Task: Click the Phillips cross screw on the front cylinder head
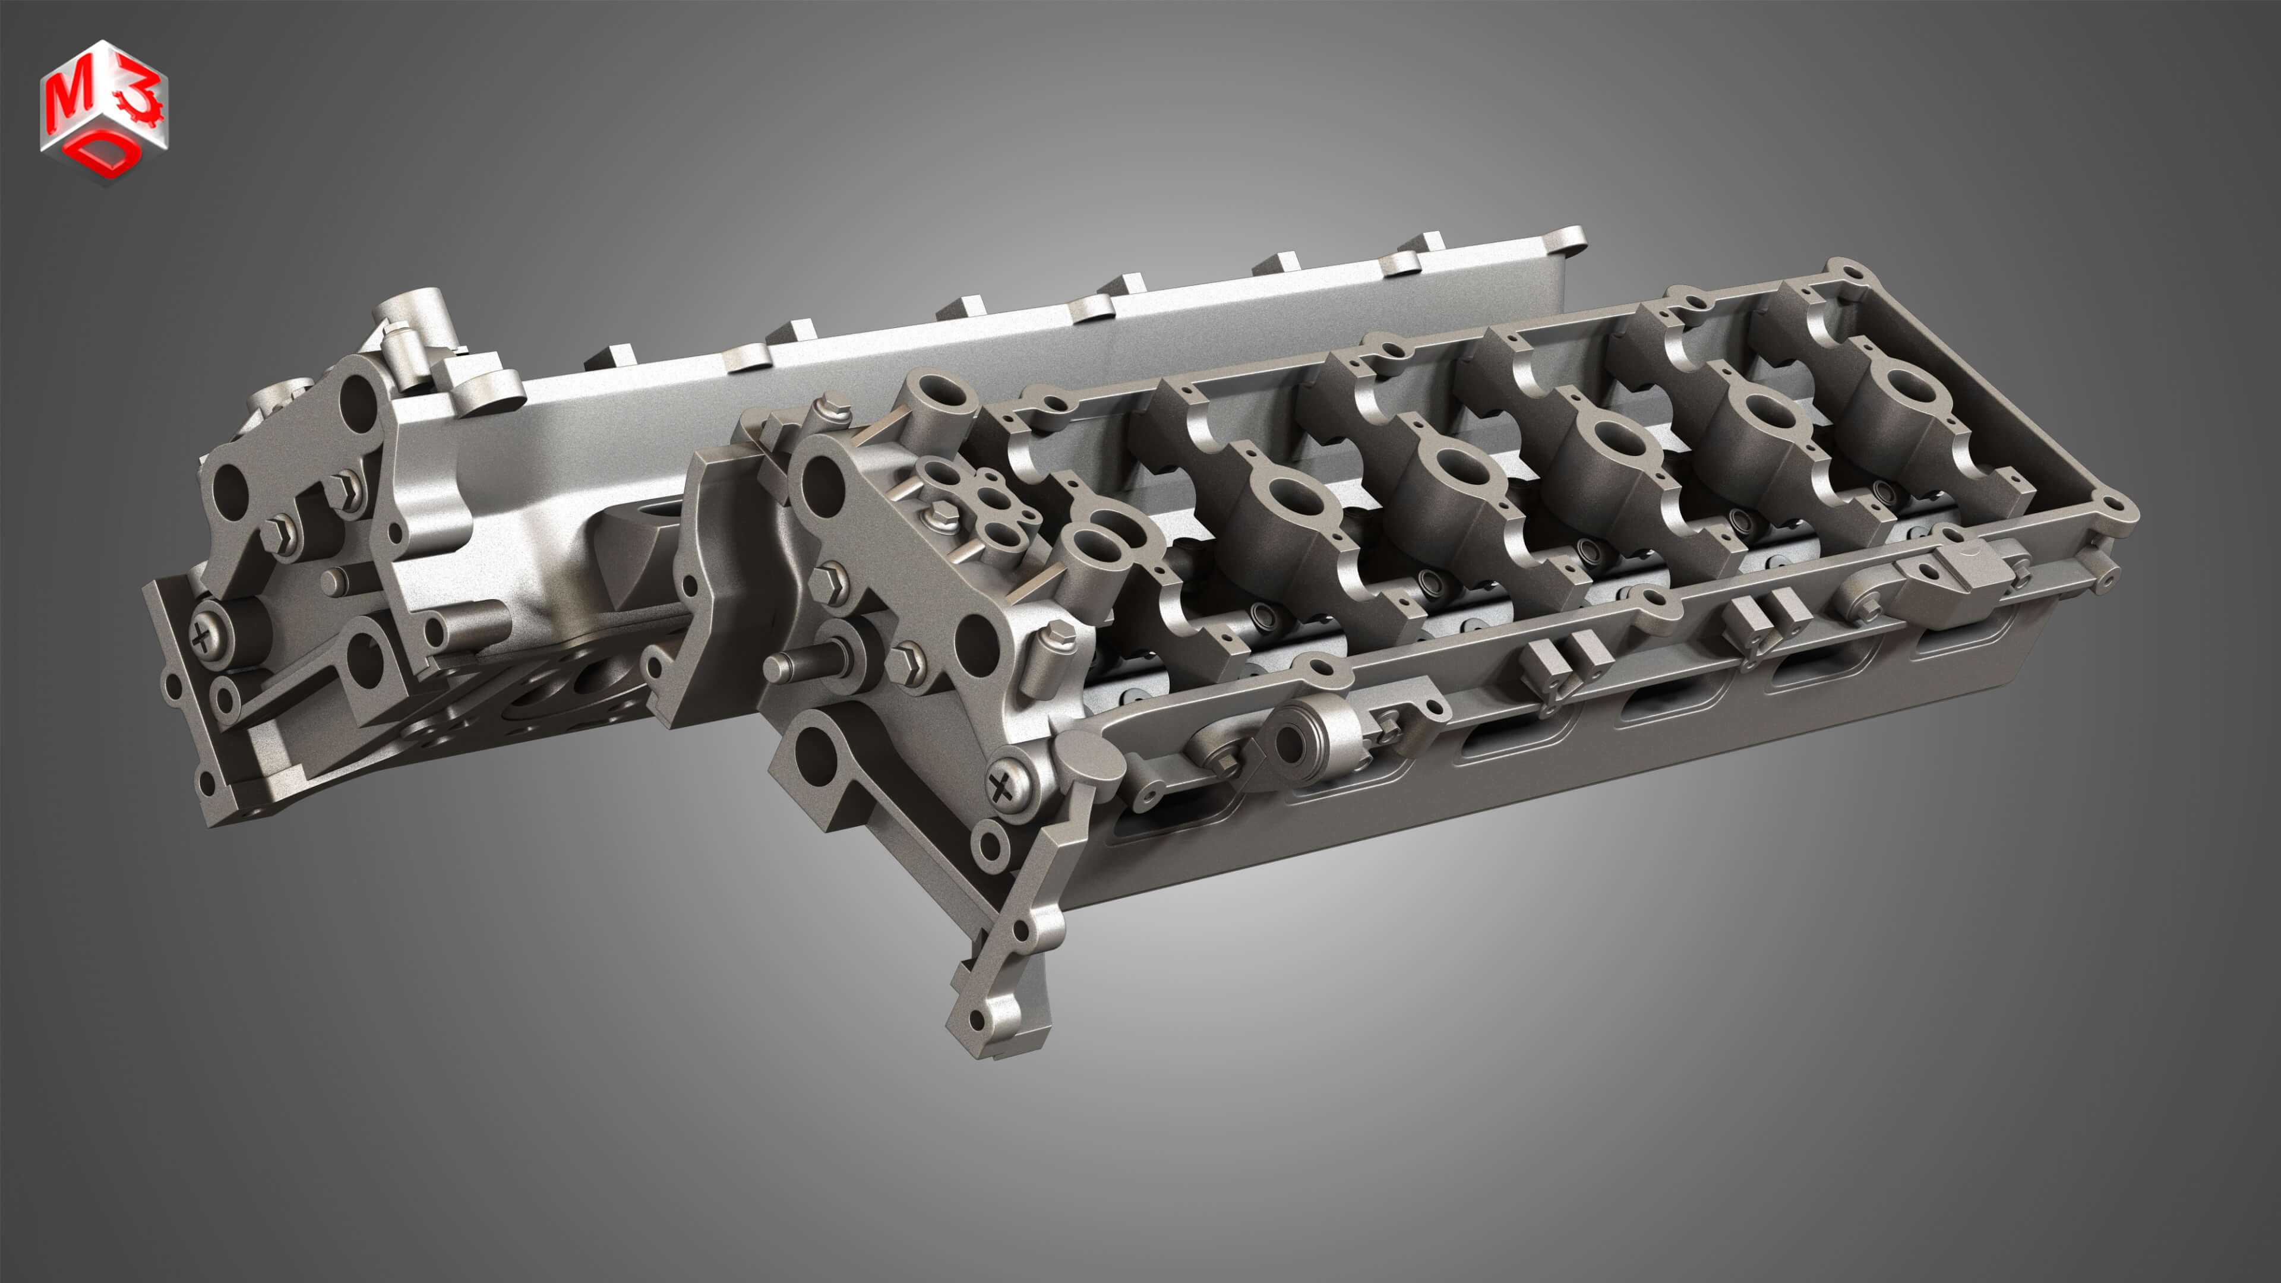pos(1004,783)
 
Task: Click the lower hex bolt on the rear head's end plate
pos(279,536)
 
